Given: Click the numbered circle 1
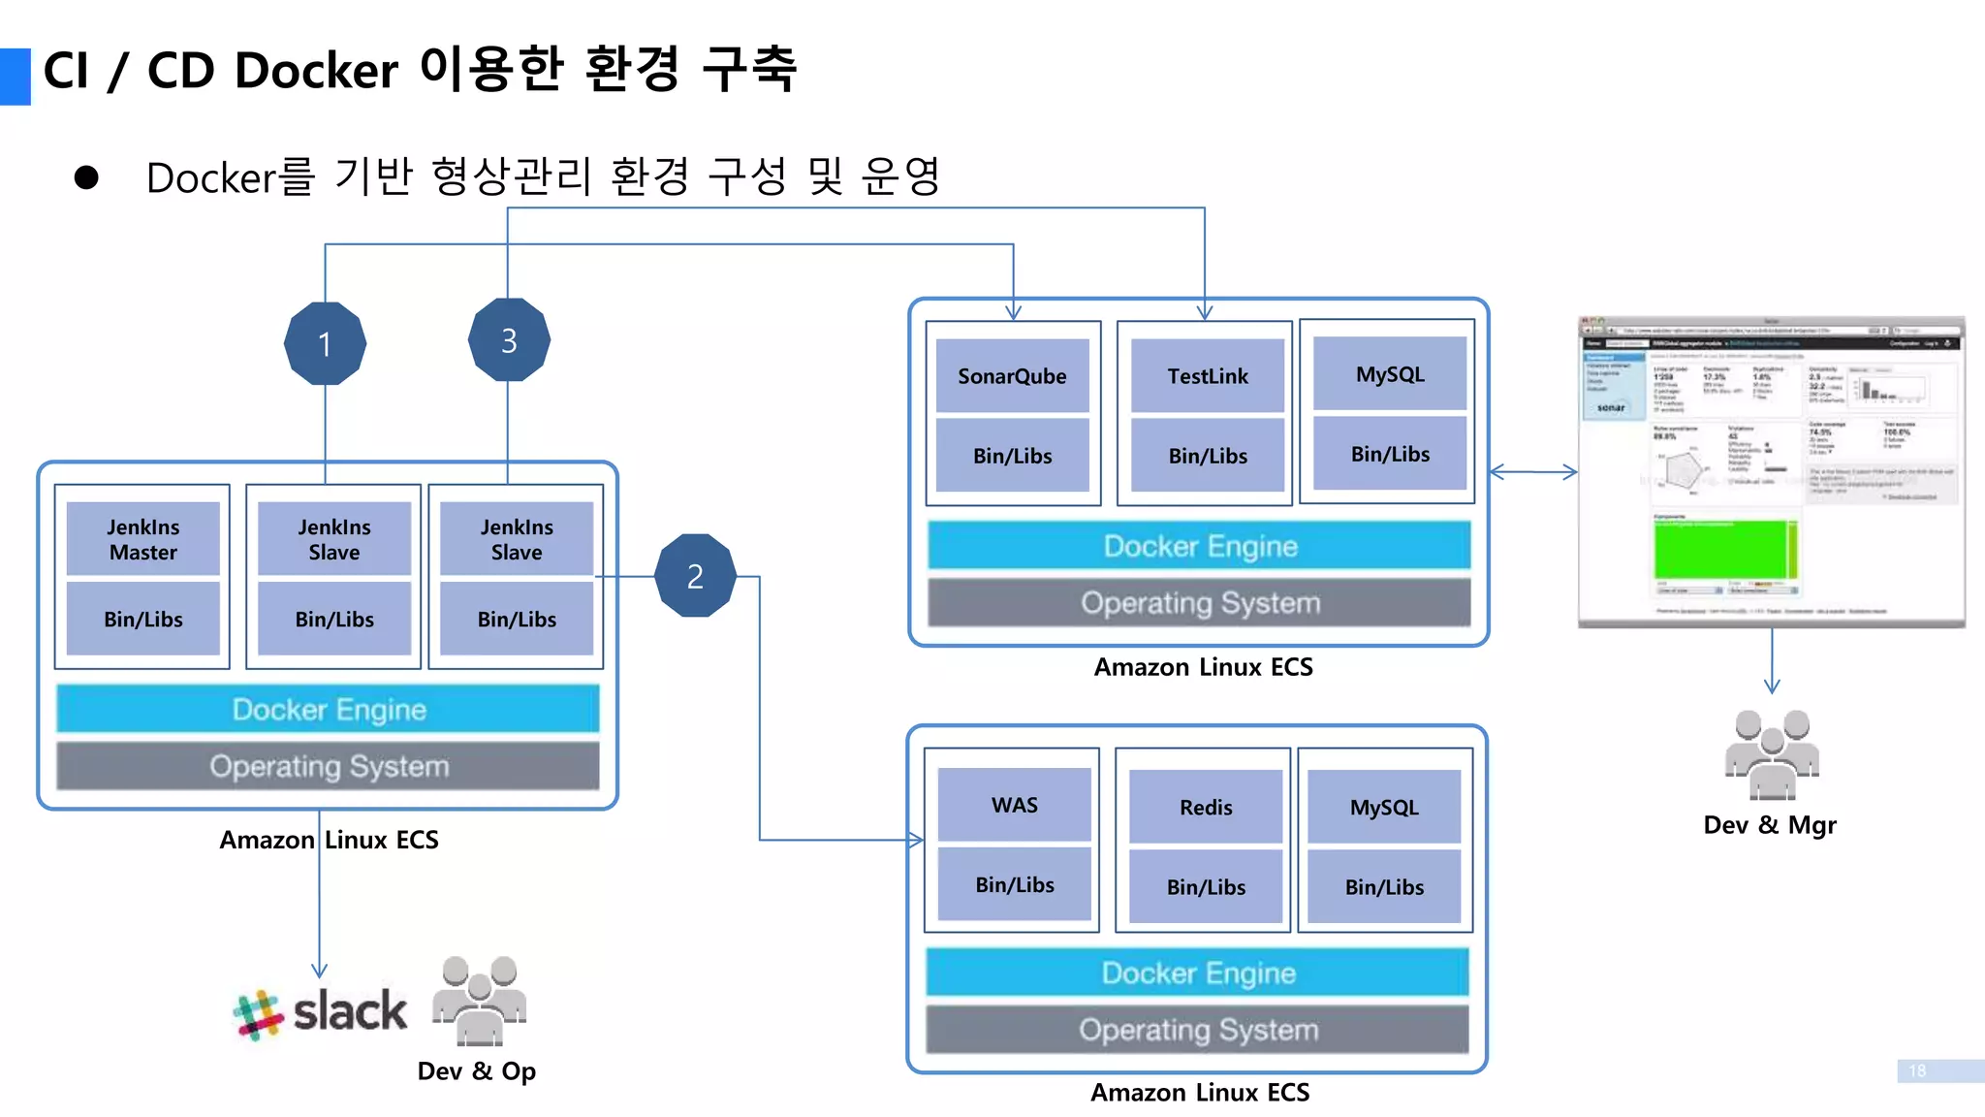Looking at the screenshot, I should [x=325, y=343].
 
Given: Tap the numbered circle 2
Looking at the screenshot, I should [x=695, y=576].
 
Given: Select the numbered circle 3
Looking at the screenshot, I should [x=509, y=340].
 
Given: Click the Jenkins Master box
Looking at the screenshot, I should [x=143, y=539].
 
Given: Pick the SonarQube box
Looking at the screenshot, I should [x=1012, y=376].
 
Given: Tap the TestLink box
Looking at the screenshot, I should [x=1207, y=376].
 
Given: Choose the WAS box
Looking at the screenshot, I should [x=1014, y=805].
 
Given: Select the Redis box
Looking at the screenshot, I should [x=1205, y=807].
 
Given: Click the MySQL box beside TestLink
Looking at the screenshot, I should [x=1389, y=374].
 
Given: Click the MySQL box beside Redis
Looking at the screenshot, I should [x=1383, y=807].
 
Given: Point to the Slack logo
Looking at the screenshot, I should [x=321, y=1012].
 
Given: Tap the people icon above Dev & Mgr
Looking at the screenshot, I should [x=1771, y=754].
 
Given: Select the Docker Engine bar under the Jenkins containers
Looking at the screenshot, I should [x=328, y=709].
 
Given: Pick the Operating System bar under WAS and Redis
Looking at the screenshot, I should [x=1197, y=1030].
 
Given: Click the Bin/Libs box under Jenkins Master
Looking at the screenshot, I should [x=143, y=619].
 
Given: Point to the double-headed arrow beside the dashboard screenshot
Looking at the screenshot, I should [x=1533, y=472].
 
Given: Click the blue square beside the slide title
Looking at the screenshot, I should [x=15, y=76].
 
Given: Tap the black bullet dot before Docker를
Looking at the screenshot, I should [x=86, y=177].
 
